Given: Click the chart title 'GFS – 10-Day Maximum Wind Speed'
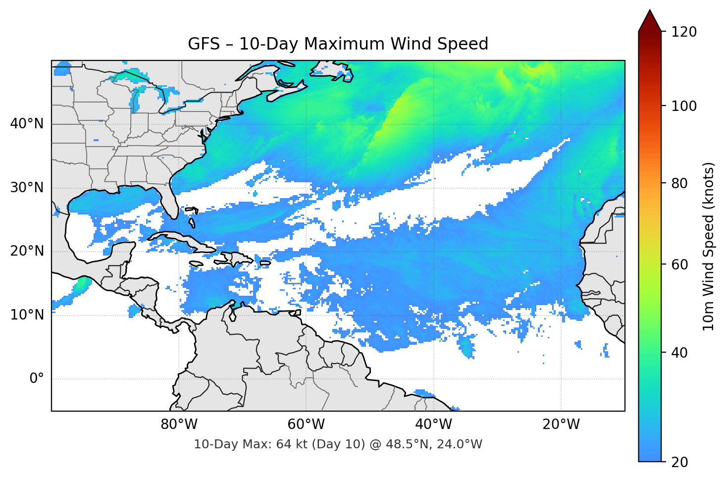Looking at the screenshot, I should point(338,44).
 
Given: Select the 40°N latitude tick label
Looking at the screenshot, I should point(27,124).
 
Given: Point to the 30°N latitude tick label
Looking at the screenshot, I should point(27,188).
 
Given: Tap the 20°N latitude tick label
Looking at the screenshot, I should point(27,251).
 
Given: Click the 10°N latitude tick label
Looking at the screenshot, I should point(27,315).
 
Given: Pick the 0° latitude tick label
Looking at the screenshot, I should point(37,379).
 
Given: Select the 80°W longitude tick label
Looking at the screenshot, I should point(179,425).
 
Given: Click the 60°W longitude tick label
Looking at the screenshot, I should point(306,425).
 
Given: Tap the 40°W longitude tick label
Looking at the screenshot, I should point(433,425).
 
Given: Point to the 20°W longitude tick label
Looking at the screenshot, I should point(561,425).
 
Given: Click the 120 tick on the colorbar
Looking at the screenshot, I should point(684,32).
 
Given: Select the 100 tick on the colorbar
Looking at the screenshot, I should point(684,106).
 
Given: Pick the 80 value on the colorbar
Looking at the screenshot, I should point(680,183).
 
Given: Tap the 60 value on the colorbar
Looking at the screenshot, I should point(680,265).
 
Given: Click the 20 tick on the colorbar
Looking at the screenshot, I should point(680,462).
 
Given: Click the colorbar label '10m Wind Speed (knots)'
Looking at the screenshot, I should point(708,247).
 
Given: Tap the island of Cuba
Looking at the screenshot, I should point(183,241).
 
